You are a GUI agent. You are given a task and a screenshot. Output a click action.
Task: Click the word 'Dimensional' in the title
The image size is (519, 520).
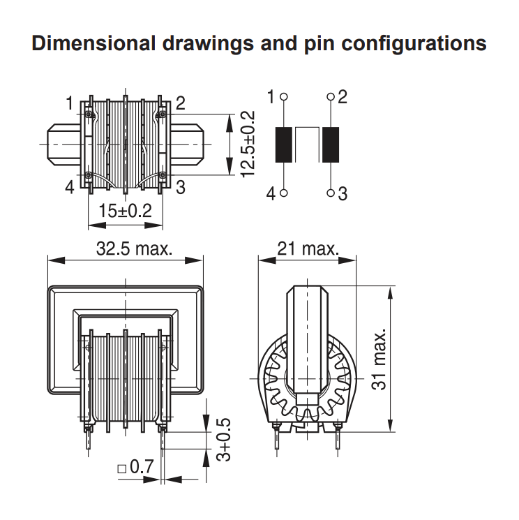93,43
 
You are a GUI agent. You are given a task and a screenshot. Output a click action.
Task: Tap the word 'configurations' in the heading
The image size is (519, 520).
414,45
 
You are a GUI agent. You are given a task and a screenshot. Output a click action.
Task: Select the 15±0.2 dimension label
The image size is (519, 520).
126,211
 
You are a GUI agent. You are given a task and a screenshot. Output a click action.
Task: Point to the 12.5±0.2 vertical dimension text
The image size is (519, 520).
248,144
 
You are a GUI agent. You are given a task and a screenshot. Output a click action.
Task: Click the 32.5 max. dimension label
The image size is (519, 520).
134,248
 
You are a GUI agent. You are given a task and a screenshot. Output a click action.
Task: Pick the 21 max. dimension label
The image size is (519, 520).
308,248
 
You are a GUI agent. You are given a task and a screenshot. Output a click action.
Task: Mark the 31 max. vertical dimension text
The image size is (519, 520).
379,359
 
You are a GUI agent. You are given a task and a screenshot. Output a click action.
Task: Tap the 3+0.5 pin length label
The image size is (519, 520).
223,440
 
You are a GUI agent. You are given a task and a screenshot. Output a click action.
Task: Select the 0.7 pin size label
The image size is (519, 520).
142,467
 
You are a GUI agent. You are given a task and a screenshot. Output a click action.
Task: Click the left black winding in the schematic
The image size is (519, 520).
284,144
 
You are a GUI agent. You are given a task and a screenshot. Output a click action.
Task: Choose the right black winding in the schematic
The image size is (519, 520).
331,144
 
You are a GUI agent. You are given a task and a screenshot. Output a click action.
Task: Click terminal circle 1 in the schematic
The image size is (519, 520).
284,97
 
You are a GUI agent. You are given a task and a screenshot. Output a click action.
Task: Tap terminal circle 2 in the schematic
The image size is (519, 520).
331,97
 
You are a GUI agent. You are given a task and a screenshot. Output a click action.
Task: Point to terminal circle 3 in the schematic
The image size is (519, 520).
331,193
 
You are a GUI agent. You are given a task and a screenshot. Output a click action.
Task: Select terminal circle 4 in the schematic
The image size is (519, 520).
284,193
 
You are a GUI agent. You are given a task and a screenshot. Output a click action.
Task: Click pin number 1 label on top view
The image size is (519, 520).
69,103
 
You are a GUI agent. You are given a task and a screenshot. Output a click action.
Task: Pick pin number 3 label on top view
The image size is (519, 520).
180,187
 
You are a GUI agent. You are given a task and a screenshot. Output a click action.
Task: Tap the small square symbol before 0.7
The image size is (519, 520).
122,469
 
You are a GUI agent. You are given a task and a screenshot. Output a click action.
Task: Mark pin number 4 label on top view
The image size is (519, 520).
70,187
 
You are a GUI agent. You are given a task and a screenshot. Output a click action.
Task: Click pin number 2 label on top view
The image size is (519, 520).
180,103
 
